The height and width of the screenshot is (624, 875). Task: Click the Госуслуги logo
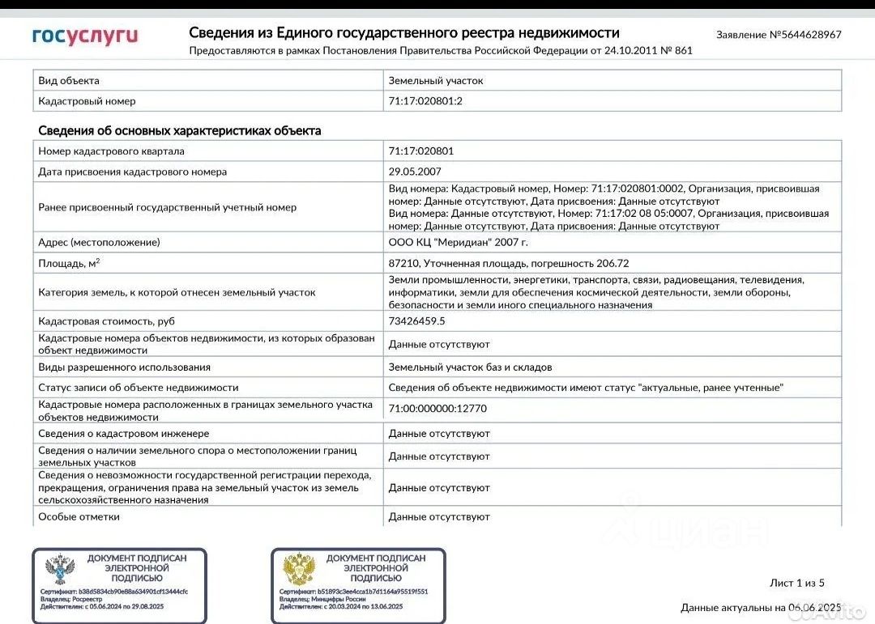tap(85, 36)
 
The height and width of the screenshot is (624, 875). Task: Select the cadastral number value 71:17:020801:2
tap(425, 101)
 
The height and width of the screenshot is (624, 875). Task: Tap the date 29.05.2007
tap(415, 172)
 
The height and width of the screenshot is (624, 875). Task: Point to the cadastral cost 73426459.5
tap(416, 321)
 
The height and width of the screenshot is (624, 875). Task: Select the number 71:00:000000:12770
tap(437, 409)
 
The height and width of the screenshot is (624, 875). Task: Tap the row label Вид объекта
tap(69, 81)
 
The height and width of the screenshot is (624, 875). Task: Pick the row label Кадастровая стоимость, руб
tap(106, 321)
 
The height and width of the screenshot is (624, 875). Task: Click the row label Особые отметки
tap(79, 516)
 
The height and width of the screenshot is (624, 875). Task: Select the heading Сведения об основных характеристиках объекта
tap(180, 130)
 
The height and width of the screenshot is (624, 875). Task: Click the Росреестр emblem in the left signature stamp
tap(60, 570)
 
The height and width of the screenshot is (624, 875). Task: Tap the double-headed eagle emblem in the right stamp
tap(298, 570)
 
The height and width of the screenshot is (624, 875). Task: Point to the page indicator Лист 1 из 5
tap(796, 583)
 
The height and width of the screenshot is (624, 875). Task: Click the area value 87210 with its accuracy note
tap(509, 263)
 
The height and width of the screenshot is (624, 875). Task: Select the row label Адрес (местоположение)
tap(99, 242)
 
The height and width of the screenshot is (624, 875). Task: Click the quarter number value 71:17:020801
tap(421, 151)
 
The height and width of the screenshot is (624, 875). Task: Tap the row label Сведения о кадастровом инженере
tap(123, 434)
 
